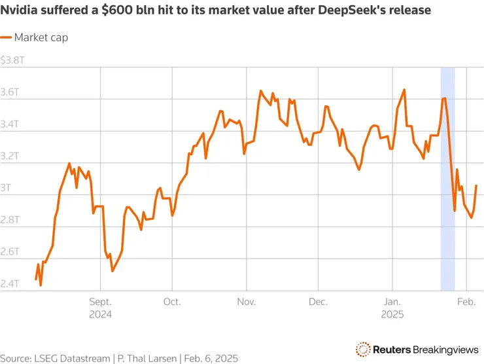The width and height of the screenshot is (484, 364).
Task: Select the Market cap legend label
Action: [41, 37]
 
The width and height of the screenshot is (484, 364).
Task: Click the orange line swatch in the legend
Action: [6, 37]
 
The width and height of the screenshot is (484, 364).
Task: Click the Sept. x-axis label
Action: [99, 302]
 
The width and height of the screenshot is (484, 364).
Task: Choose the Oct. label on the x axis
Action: [172, 302]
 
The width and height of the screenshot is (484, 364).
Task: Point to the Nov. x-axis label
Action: [246, 302]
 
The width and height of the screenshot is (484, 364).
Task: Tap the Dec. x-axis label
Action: [318, 302]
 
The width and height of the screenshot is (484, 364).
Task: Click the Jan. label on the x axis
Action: [392, 302]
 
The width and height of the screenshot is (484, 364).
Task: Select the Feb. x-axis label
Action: [465, 302]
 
